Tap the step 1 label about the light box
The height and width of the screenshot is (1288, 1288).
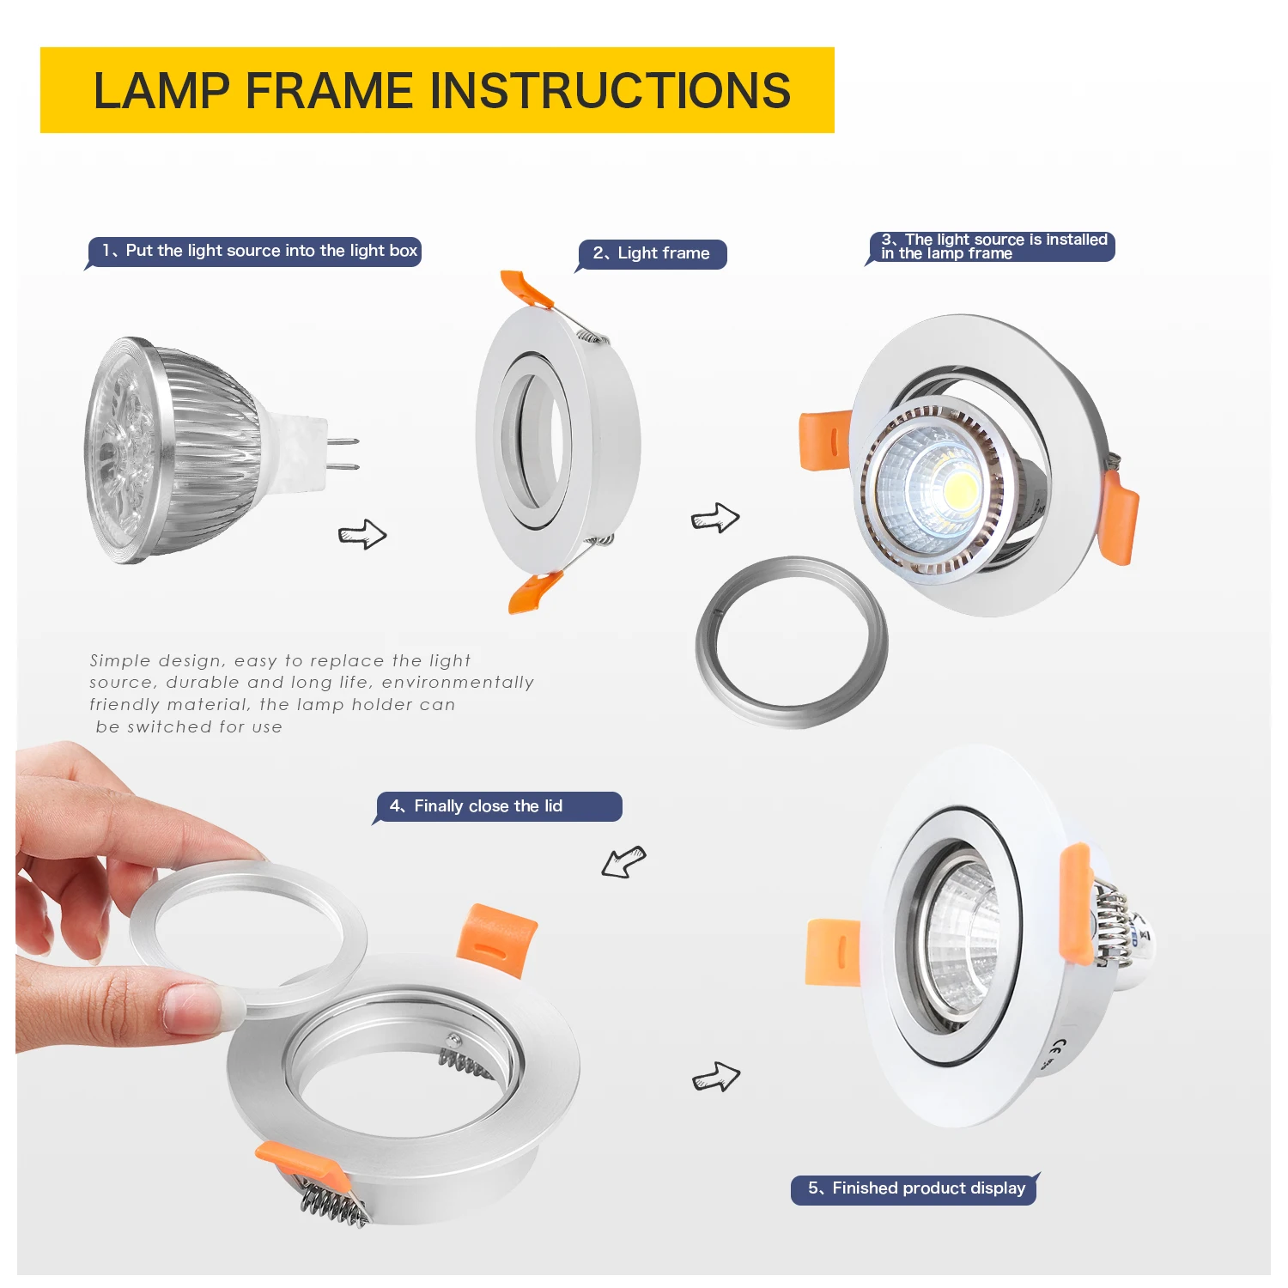click(258, 251)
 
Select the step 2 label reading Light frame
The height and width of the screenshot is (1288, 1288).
click(652, 253)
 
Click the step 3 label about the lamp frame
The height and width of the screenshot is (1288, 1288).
click(993, 246)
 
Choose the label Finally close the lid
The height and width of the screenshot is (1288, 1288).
click(498, 806)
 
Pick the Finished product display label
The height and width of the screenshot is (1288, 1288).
click(914, 1188)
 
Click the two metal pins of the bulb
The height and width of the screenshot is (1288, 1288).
click(343, 454)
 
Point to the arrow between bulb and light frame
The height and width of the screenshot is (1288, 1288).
click(362, 534)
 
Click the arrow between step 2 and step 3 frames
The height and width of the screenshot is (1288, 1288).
click(715, 518)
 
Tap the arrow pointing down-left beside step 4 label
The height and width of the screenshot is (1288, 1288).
click(623, 861)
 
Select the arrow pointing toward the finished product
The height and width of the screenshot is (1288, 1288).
click(716, 1077)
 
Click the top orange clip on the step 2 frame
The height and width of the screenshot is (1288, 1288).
click(526, 289)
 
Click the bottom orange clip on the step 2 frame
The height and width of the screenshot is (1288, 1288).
click(533, 592)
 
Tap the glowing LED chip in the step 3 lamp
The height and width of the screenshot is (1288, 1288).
click(959, 490)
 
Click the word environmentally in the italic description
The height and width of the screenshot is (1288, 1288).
click(458, 683)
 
